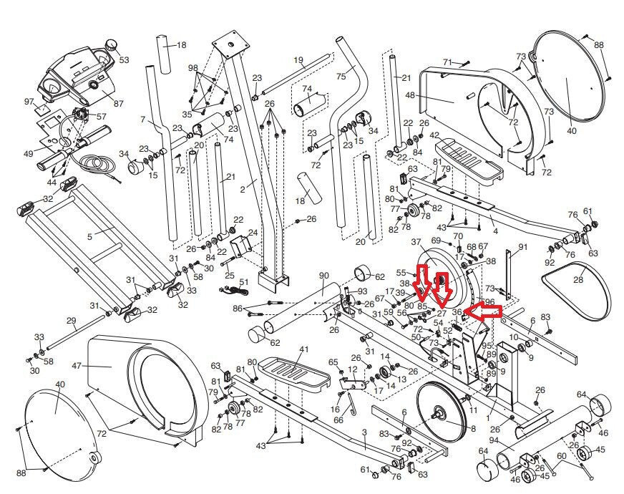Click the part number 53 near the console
click(125, 60)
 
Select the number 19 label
click(298, 60)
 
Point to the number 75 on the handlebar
click(341, 76)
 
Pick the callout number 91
click(522, 247)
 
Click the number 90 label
click(323, 276)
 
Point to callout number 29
click(71, 320)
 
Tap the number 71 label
click(447, 62)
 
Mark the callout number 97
click(29, 102)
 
